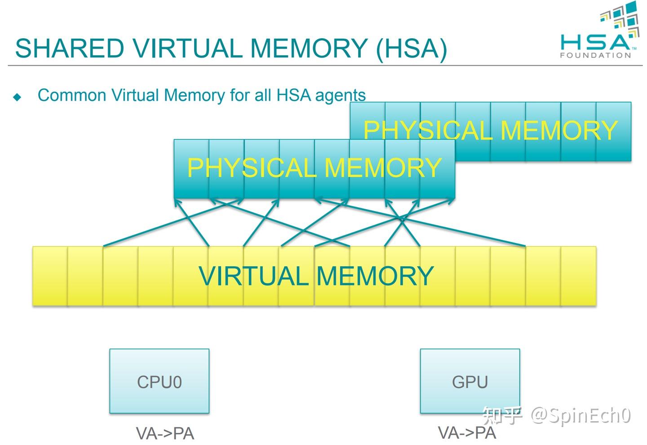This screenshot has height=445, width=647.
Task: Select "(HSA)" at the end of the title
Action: click(x=411, y=48)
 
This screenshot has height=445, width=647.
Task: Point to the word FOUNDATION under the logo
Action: click(x=595, y=55)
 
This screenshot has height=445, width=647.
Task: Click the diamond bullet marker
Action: click(x=18, y=97)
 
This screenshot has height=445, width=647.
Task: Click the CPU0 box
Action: click(x=160, y=381)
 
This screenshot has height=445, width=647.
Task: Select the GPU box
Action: click(x=470, y=381)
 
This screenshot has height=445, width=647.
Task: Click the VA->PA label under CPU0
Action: click(x=165, y=433)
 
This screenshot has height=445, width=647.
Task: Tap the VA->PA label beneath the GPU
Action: click(x=467, y=432)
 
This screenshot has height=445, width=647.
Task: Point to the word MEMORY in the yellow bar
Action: click(x=375, y=276)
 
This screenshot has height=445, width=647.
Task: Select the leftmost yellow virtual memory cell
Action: click(x=50, y=276)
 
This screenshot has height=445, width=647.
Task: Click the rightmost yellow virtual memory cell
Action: click(x=579, y=276)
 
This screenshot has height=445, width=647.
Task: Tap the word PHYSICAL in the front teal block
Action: click(x=252, y=168)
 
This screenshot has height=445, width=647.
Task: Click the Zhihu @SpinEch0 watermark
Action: click(x=557, y=415)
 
